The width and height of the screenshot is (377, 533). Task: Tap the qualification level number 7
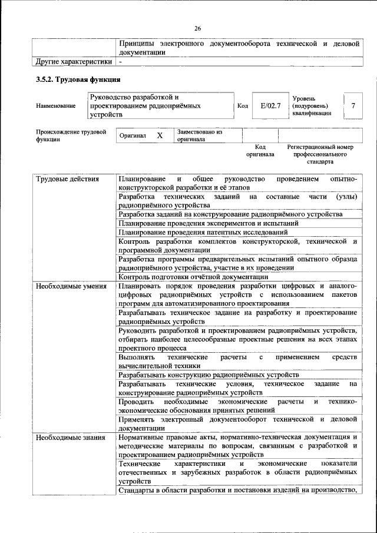pos(353,105)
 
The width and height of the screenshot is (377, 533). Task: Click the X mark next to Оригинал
pos(159,135)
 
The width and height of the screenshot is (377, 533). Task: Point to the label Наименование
pos(55,105)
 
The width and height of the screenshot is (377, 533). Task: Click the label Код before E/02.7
pos(242,105)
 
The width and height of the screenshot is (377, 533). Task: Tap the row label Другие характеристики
pos(73,61)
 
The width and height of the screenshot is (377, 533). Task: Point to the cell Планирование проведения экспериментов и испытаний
pos(209,223)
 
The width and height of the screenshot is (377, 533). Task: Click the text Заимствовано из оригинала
pos(199,136)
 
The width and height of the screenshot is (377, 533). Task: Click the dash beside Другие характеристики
pos(120,61)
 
